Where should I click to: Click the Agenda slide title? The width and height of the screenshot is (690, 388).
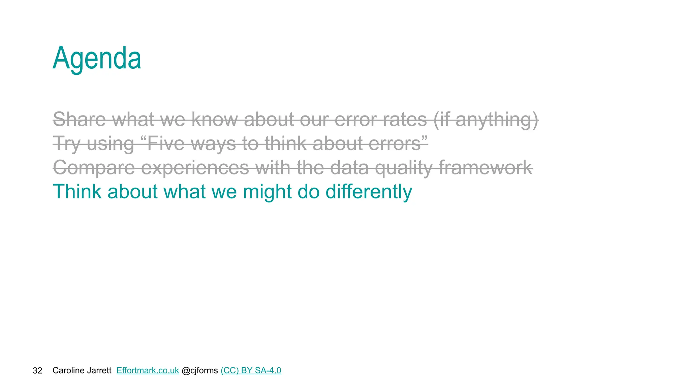click(97, 58)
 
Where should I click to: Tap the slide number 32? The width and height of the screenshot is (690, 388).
click(37, 370)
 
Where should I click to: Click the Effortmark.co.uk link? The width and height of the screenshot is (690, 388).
click(148, 370)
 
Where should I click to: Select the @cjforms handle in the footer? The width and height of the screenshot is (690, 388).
click(199, 370)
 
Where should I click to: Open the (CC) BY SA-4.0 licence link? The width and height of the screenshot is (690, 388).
click(251, 370)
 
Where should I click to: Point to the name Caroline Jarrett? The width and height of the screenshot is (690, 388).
click(82, 370)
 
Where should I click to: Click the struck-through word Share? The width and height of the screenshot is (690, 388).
click(80, 119)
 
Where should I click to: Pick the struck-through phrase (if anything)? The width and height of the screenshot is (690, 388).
click(485, 119)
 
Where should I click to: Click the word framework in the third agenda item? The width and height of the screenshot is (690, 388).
click(485, 167)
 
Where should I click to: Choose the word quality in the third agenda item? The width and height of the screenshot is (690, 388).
click(403, 167)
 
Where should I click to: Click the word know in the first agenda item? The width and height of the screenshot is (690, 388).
click(214, 119)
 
